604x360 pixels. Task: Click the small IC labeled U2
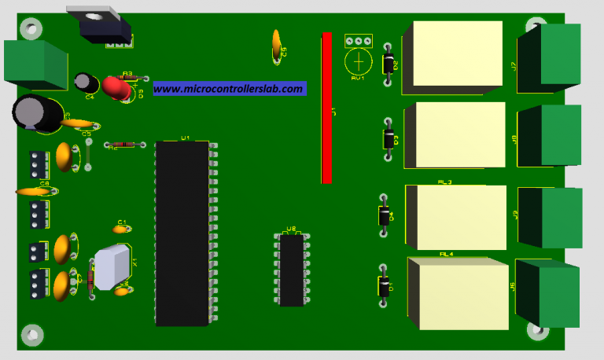tap(292, 270)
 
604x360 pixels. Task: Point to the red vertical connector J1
tap(326, 108)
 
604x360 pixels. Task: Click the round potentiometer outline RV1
tap(359, 61)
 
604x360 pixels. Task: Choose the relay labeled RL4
tap(458, 294)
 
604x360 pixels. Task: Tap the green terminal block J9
tap(559, 215)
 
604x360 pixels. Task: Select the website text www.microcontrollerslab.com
tap(228, 89)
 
